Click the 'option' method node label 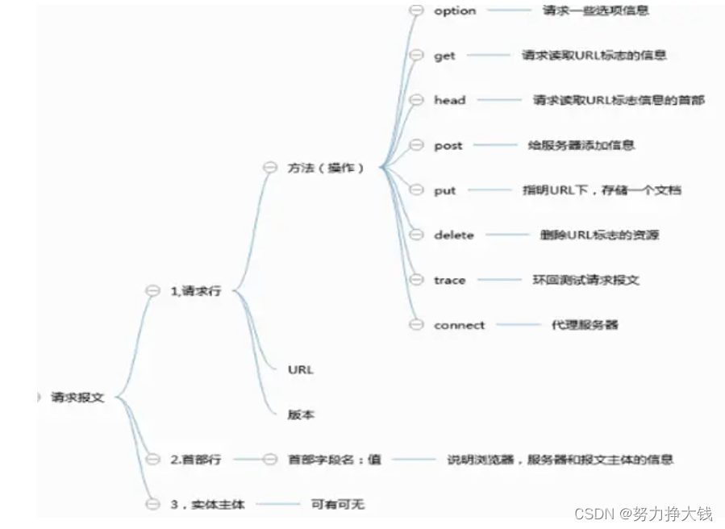click(x=455, y=11)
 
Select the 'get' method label click(x=444, y=56)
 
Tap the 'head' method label click(x=449, y=101)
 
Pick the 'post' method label click(x=448, y=146)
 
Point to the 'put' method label click(x=444, y=191)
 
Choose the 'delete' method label click(x=453, y=235)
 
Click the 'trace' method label click(x=449, y=281)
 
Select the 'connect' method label click(x=459, y=326)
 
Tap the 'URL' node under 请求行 click(x=300, y=370)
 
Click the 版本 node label click(x=301, y=415)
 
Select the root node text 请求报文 click(x=77, y=398)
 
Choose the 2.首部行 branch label click(x=195, y=460)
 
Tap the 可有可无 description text click(x=338, y=505)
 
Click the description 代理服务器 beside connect click(x=585, y=326)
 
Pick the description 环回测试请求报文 click(x=585, y=281)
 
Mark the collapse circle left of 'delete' click(x=416, y=235)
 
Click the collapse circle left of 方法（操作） click(x=270, y=168)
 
